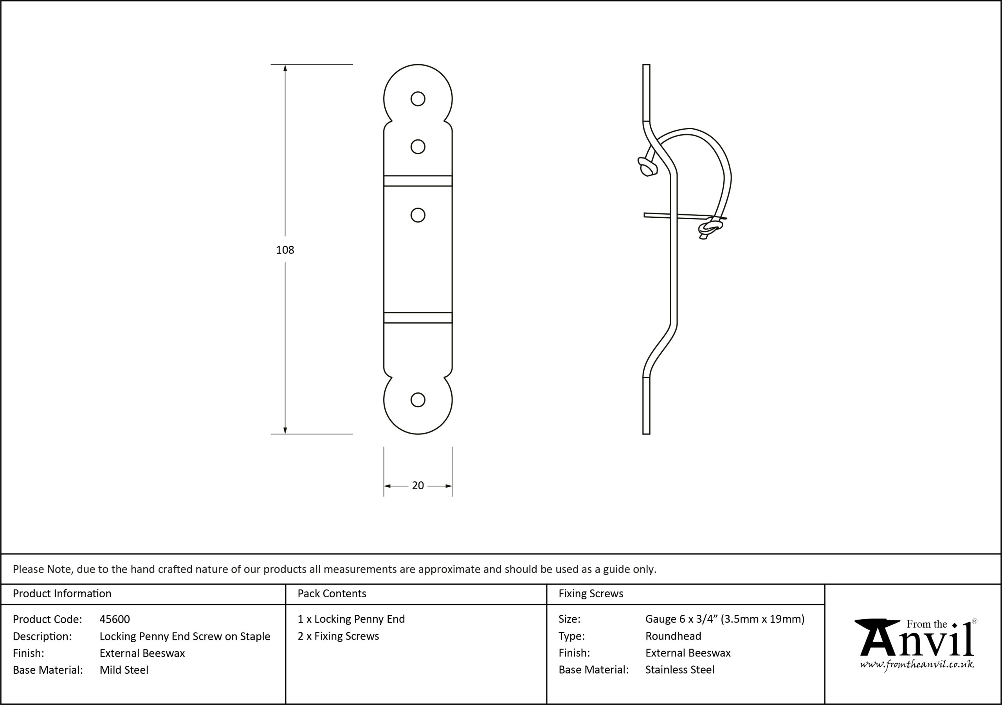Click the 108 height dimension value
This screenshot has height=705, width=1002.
[x=285, y=250]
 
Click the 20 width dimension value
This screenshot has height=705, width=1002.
[x=418, y=486]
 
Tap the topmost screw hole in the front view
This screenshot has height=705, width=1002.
[x=418, y=99]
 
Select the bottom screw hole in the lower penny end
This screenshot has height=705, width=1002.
[x=418, y=399]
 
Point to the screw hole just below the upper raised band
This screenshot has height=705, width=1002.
[x=418, y=215]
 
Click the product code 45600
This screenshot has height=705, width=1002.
[x=115, y=619]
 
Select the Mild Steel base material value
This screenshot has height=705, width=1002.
[x=124, y=670]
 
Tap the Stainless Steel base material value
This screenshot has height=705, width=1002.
[x=680, y=670]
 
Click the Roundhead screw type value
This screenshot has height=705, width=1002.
[x=673, y=636]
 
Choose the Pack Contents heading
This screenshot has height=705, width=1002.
[x=332, y=594]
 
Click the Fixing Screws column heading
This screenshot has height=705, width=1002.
[x=591, y=594]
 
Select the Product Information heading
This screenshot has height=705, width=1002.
[x=62, y=594]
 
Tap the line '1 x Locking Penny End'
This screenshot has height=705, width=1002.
[x=351, y=619]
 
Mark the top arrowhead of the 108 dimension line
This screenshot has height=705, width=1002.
[x=285, y=68]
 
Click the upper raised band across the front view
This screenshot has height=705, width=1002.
[x=418, y=181]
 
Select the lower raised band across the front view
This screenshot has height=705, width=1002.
[x=418, y=318]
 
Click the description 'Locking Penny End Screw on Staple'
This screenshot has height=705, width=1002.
[x=185, y=636]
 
